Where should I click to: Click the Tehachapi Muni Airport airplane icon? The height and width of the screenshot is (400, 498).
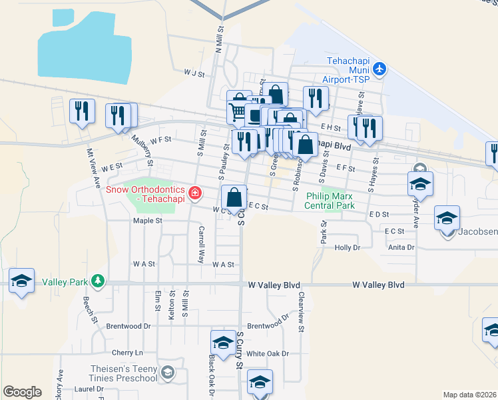pos(379,68)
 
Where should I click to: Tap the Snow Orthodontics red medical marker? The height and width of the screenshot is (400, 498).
pos(195,193)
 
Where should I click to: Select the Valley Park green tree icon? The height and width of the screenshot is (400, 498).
pos(99,281)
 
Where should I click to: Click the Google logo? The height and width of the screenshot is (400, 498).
pos(22,392)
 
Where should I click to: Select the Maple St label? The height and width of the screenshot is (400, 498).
pos(148,220)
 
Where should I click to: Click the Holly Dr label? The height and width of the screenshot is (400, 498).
pos(347,247)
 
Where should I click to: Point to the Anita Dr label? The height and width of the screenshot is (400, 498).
pos(401,247)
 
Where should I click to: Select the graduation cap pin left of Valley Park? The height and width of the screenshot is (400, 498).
pos(21,281)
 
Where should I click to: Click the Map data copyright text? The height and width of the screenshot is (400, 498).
pos(469,394)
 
